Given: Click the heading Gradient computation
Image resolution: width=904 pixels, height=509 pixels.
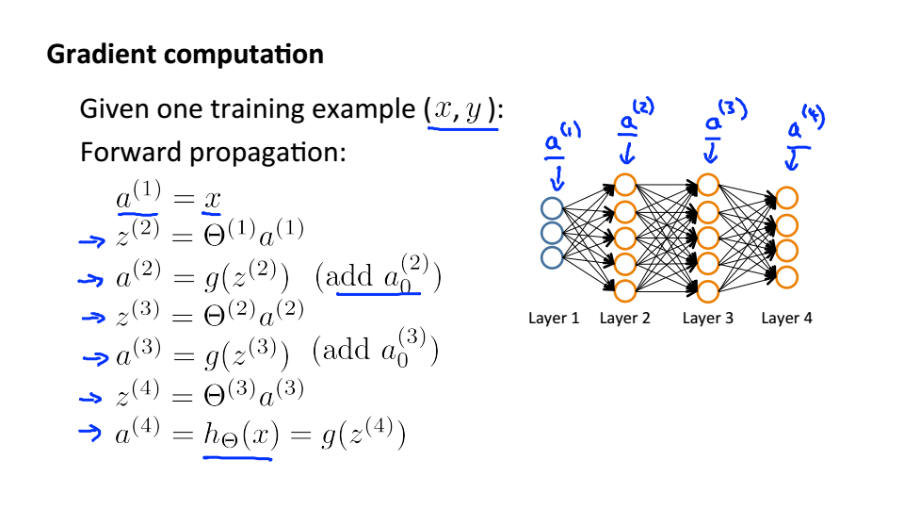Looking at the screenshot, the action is pyautogui.click(x=185, y=55).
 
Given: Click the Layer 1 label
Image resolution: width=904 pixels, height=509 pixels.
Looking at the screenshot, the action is pyautogui.click(x=554, y=319).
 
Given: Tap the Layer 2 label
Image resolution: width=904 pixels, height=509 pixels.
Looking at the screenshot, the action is pyautogui.click(x=624, y=319).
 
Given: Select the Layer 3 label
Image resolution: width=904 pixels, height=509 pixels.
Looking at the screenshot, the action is pyautogui.click(x=707, y=319).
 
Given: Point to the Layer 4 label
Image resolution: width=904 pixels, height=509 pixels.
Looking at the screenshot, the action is pyautogui.click(x=786, y=319).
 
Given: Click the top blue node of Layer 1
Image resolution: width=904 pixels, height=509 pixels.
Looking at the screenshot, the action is pyautogui.click(x=553, y=208).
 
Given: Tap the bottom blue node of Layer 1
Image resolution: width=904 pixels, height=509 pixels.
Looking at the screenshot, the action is pyautogui.click(x=553, y=255).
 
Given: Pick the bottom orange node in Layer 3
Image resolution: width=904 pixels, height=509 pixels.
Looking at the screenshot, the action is pyautogui.click(x=708, y=290).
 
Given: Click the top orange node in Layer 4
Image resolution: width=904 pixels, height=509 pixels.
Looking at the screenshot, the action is pyautogui.click(x=787, y=198).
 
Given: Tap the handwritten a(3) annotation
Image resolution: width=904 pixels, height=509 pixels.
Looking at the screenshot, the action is pyautogui.click(x=722, y=117).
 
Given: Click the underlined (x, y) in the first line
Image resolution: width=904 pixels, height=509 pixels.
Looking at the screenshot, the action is pyautogui.click(x=461, y=110).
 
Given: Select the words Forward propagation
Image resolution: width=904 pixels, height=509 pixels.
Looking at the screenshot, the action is pyautogui.click(x=213, y=152).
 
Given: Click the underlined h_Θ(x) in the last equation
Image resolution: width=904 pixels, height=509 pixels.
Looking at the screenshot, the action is pyautogui.click(x=237, y=436).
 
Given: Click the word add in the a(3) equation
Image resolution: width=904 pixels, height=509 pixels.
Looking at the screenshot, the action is pyautogui.click(x=341, y=353).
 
